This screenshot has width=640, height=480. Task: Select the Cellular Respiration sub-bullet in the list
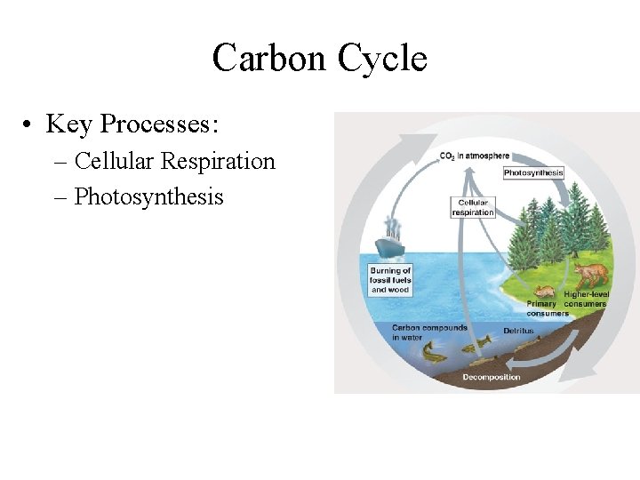(x=175, y=161)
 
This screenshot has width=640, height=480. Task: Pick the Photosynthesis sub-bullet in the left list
(x=148, y=196)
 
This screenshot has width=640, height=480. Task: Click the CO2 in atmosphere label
(x=475, y=156)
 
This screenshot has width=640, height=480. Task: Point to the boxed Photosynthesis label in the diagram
(x=533, y=173)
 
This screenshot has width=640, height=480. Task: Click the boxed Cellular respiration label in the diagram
(x=473, y=207)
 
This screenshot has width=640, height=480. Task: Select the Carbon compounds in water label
(x=429, y=332)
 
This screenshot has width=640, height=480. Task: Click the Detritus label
(x=518, y=331)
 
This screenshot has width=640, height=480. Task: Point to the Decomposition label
(x=492, y=377)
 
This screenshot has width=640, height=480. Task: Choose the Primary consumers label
(x=548, y=308)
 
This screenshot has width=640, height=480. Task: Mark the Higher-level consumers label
(x=585, y=299)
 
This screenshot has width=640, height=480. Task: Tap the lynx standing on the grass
(x=589, y=275)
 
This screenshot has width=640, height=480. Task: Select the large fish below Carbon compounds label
(x=434, y=355)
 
